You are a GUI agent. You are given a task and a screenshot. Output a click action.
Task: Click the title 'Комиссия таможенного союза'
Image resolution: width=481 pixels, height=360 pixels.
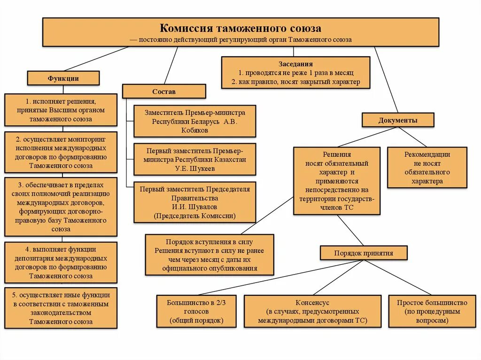tap(240, 29)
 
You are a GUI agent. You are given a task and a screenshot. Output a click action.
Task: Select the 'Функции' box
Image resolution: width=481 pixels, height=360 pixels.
tap(63, 78)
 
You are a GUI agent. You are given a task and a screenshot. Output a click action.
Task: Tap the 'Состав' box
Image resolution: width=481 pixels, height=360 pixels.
tap(164, 92)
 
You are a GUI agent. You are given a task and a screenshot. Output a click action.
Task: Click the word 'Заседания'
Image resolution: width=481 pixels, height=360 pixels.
tap(295, 64)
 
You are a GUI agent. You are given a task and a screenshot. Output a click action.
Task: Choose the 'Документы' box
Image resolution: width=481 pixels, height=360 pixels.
tap(397, 120)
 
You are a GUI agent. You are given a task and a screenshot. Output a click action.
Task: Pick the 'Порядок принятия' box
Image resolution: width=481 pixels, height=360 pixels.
tap(363, 253)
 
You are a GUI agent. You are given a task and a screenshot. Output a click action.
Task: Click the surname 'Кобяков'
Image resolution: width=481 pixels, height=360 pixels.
tap(194, 130)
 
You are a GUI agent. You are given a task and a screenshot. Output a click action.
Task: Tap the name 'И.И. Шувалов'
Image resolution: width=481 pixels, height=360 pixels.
tap(194, 207)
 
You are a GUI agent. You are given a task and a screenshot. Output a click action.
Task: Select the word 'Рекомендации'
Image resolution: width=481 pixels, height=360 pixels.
tap(427, 154)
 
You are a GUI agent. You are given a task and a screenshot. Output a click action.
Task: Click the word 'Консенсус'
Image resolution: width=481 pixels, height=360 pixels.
tap(312, 303)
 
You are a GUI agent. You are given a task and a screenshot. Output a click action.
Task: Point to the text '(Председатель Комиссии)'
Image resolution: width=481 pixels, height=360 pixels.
tap(194, 215)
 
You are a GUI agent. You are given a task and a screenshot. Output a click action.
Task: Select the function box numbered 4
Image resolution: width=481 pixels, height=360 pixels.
tap(61, 262)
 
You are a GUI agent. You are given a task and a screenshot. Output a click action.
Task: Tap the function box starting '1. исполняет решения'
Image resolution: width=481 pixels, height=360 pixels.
tap(61, 110)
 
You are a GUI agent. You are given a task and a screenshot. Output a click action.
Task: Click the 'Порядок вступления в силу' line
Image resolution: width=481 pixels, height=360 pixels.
tap(209, 242)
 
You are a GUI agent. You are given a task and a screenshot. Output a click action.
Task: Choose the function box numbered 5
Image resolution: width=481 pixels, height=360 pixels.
tap(61, 308)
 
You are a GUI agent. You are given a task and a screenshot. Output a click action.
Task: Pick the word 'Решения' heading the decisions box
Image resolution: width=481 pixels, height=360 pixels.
tap(336, 154)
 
